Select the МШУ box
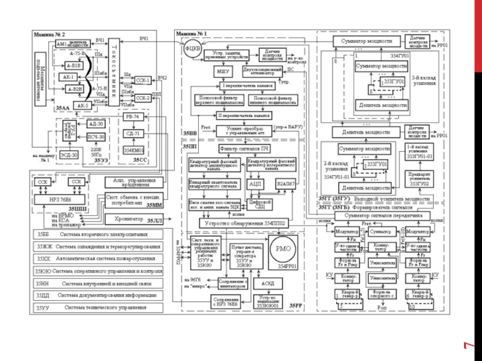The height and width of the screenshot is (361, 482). pyautogui.click(x=224, y=72)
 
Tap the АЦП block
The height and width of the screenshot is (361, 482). pyautogui.click(x=255, y=182)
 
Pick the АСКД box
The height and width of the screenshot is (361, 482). pyautogui.click(x=268, y=283)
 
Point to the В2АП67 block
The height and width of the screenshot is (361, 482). pyautogui.click(x=285, y=182)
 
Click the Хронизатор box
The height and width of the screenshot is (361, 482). pyautogui.click(x=124, y=219)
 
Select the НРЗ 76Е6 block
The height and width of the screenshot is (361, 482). pyautogui.click(x=60, y=199)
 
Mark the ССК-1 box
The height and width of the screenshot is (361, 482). pyautogui.click(x=143, y=79)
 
